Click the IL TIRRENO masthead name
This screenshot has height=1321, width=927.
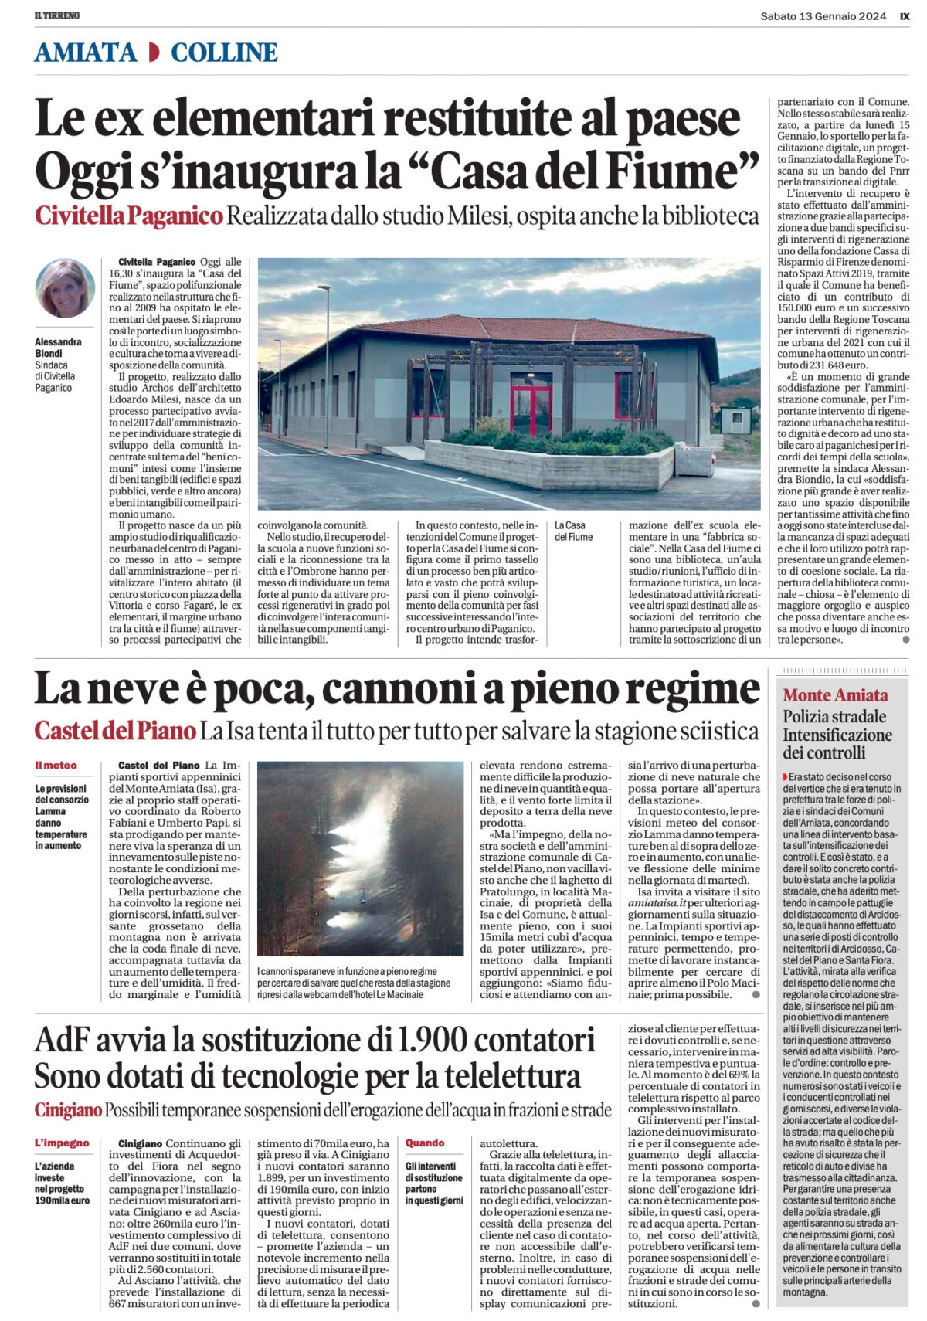coord(57,15)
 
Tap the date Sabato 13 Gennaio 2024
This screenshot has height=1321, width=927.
coord(822,15)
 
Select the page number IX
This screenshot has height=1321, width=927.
coord(905,15)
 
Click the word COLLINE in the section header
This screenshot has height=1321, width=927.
coord(224,53)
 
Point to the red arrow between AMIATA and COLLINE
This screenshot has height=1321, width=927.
coord(154,53)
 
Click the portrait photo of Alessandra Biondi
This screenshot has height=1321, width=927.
coord(65,288)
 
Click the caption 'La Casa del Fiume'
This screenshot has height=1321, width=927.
coord(574,531)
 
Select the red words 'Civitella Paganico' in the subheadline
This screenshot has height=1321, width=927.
coord(128,216)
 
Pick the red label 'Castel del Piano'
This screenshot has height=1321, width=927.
coord(114,730)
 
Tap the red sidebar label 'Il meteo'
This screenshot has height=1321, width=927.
coord(56,766)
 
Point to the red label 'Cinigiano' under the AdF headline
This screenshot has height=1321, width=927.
coord(68,1110)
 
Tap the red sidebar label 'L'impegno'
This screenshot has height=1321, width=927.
coord(62,1143)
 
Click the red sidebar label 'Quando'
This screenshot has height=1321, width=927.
coord(425,1143)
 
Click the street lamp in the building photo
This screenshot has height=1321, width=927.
coord(328,363)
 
